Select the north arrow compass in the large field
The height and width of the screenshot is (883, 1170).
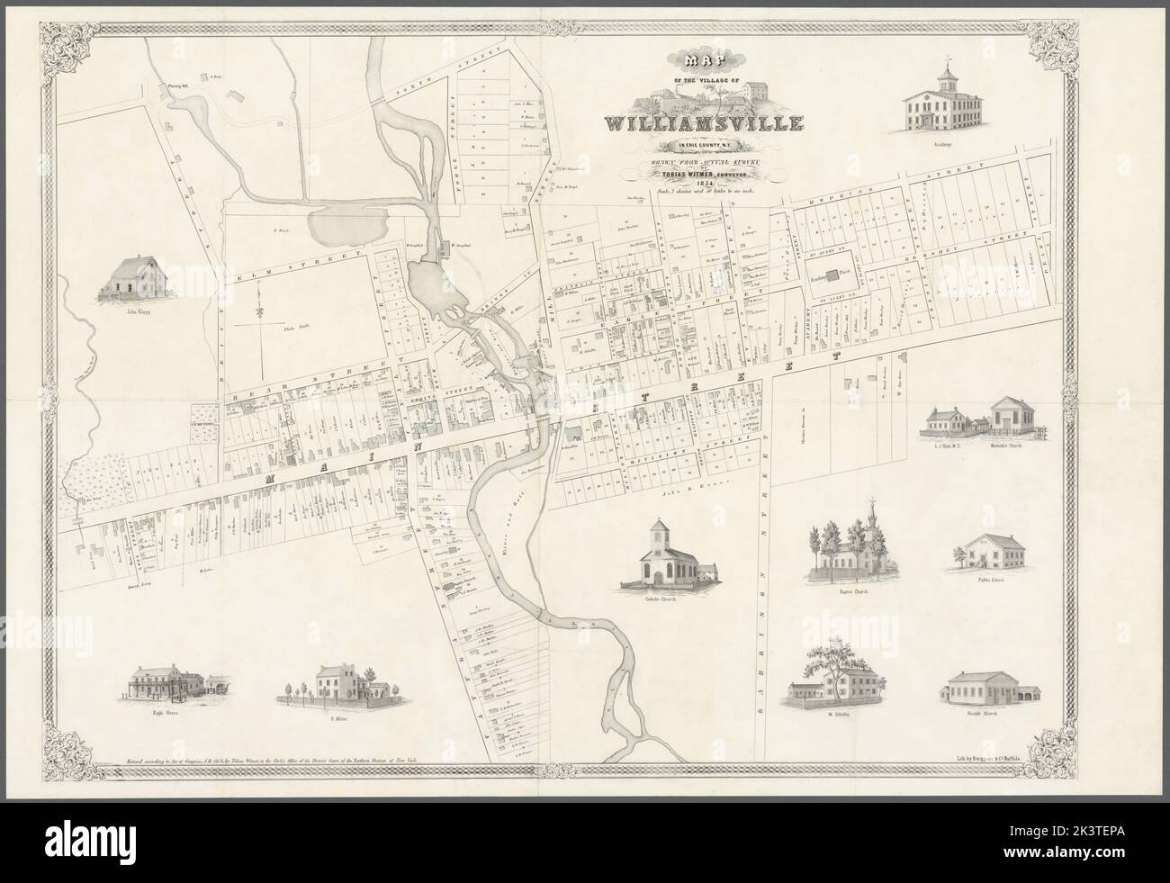257,311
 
